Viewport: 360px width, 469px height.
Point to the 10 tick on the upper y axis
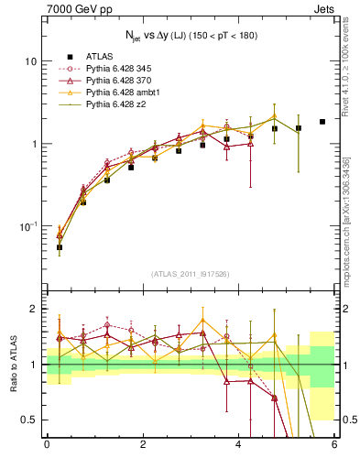point(30,61)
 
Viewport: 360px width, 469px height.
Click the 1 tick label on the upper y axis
point(34,144)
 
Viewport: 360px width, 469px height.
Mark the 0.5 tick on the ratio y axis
point(30,420)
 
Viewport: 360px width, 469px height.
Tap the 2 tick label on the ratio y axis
point(35,310)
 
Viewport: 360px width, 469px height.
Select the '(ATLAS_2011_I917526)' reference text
point(190,274)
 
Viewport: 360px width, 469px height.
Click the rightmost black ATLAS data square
point(322,122)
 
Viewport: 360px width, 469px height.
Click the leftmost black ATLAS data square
point(60,247)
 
